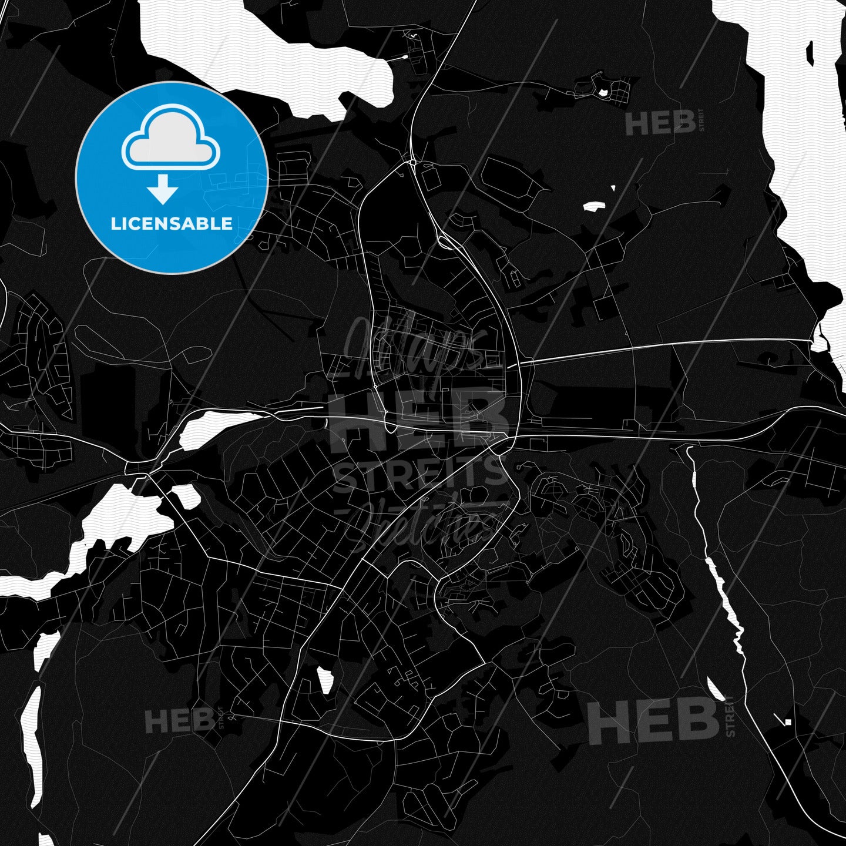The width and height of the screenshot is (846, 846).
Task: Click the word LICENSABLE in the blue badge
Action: click(x=172, y=224)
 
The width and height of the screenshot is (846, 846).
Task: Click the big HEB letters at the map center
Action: click(x=419, y=415)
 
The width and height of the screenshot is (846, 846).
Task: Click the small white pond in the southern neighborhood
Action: click(x=325, y=680)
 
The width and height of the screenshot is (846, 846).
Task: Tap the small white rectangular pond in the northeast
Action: click(x=593, y=206)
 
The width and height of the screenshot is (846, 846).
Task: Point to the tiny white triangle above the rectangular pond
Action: click(x=613, y=189)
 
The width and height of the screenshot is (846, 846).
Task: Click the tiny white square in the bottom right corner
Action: click(x=788, y=722)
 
